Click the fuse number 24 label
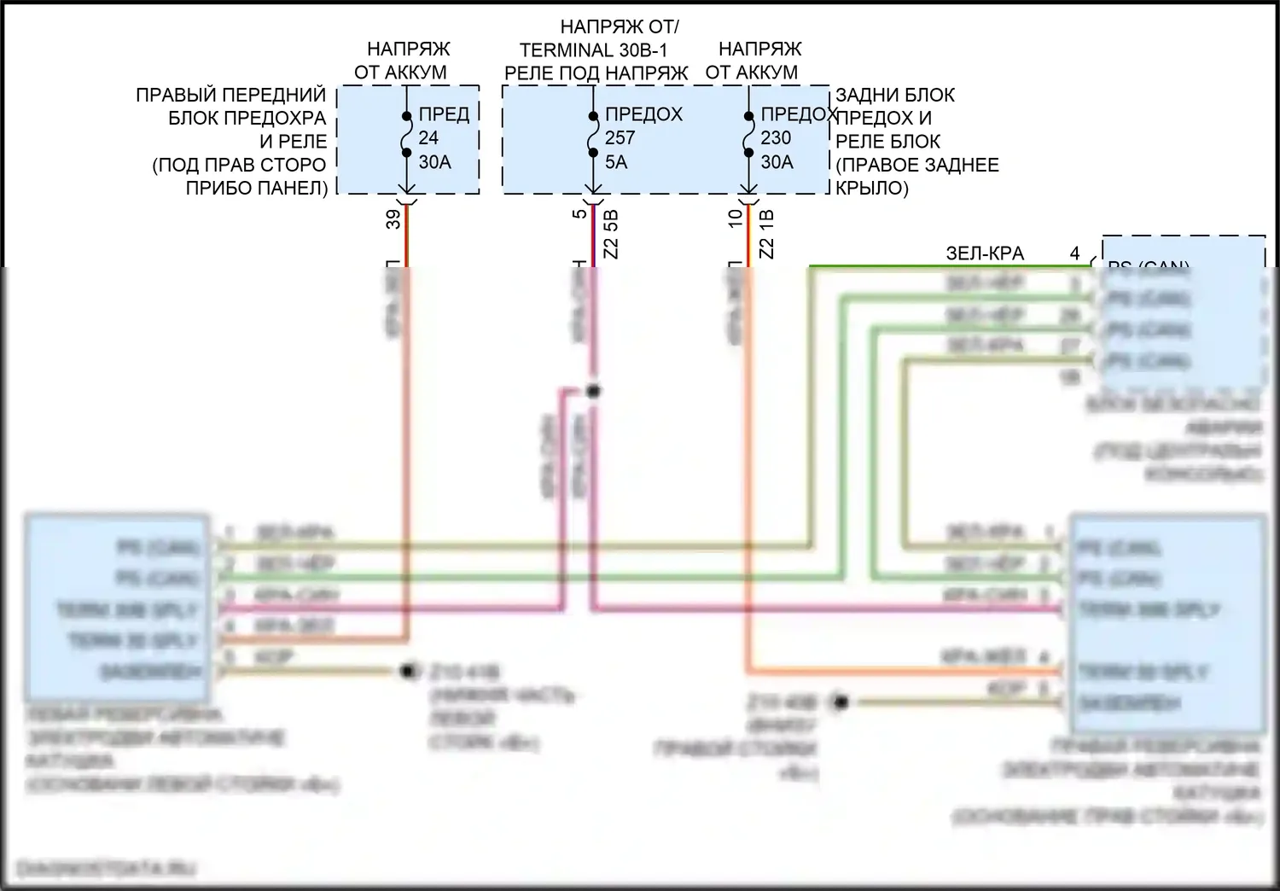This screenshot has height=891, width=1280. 428,137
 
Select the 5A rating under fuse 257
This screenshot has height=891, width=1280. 615,161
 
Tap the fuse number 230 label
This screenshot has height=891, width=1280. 776,137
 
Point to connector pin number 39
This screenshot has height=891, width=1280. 393,219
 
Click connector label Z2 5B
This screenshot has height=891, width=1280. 610,235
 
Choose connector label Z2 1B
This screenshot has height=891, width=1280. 766,235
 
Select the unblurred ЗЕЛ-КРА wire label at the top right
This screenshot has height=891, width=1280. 985,253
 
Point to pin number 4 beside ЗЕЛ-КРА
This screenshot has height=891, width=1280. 1074,253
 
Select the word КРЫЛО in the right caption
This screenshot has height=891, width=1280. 871,188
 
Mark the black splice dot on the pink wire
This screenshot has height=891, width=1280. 593,391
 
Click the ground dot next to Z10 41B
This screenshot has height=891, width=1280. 408,672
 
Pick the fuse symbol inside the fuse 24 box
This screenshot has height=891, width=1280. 407,135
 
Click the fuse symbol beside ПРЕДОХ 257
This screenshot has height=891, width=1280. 592,135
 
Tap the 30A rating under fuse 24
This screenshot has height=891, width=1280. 434,161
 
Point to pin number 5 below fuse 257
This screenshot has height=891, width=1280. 581,213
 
